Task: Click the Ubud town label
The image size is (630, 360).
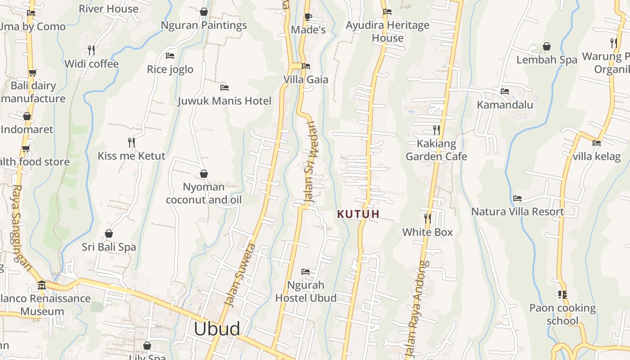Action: click(217, 329)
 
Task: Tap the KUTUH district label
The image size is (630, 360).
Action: click(359, 214)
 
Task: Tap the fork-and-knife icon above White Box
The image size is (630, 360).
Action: click(427, 219)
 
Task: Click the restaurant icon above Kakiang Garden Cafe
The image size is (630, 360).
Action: click(436, 130)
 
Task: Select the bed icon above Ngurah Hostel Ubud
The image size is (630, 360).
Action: click(306, 272)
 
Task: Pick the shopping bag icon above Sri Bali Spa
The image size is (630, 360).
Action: click(109, 234)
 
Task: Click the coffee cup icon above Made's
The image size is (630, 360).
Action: click(308, 17)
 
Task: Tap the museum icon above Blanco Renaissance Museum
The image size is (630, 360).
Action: click(42, 285)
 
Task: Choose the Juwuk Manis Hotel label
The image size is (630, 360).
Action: click(225, 101)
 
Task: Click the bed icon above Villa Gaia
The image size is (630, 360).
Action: click(306, 66)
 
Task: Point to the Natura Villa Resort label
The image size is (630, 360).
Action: click(517, 211)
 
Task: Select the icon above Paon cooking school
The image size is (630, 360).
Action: click(562, 295)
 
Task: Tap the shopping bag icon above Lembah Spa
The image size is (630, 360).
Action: click(547, 46)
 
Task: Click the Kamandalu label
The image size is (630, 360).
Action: click(505, 105)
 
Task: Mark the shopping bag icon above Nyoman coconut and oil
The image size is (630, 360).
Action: click(204, 174)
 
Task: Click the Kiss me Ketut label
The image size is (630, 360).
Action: click(131, 156)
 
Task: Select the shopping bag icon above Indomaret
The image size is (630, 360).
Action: click(27, 116)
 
